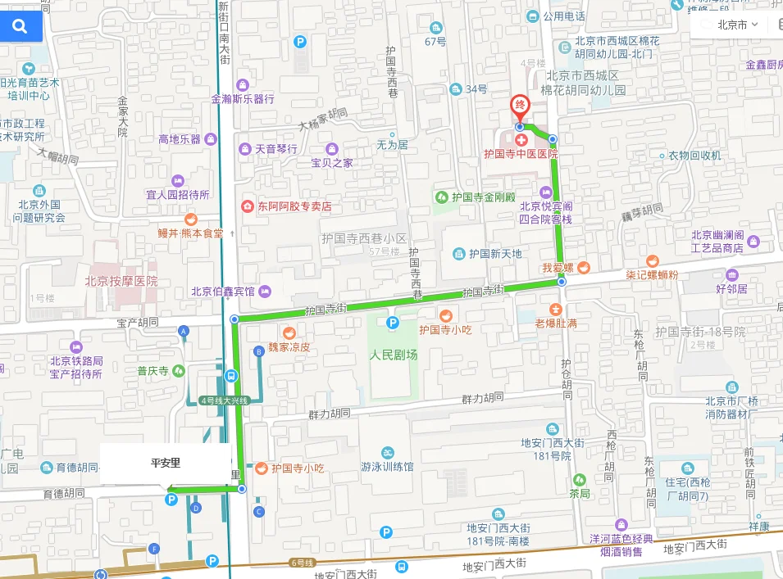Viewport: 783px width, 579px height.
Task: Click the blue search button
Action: click(20, 26)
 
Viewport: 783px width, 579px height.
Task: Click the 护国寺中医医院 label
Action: click(520, 153)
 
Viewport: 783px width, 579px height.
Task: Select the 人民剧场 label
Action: click(393, 355)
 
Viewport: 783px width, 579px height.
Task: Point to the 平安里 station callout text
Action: click(165, 463)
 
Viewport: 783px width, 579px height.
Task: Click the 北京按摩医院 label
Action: click(121, 281)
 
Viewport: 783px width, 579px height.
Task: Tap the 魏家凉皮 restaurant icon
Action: click(289, 332)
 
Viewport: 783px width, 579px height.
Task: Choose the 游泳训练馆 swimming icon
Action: click(388, 453)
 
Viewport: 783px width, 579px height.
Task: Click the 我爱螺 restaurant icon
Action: click(583, 267)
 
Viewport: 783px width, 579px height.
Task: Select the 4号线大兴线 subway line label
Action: click(223, 400)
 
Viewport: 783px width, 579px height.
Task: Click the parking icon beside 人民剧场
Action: click(393, 323)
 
